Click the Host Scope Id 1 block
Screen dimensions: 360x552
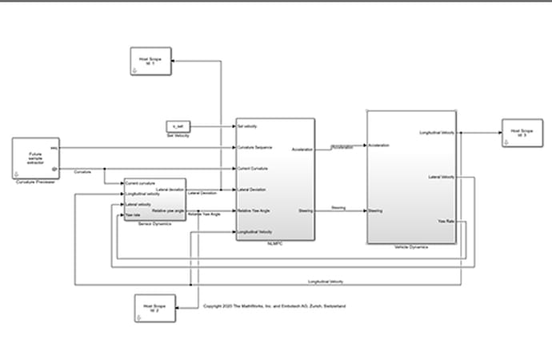click(152, 62)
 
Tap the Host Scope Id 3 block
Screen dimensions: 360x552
click(522, 133)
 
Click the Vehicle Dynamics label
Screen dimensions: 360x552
click(411, 247)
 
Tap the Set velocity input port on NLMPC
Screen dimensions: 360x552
click(247, 126)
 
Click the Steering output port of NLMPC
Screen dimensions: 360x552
click(305, 211)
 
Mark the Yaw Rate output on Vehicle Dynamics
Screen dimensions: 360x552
click(446, 221)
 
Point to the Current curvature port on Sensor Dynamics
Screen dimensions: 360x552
click(141, 184)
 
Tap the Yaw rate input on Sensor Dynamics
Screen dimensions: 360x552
click(133, 215)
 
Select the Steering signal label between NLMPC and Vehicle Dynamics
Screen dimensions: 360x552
click(338, 208)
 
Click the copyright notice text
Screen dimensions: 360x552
click(274, 306)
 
